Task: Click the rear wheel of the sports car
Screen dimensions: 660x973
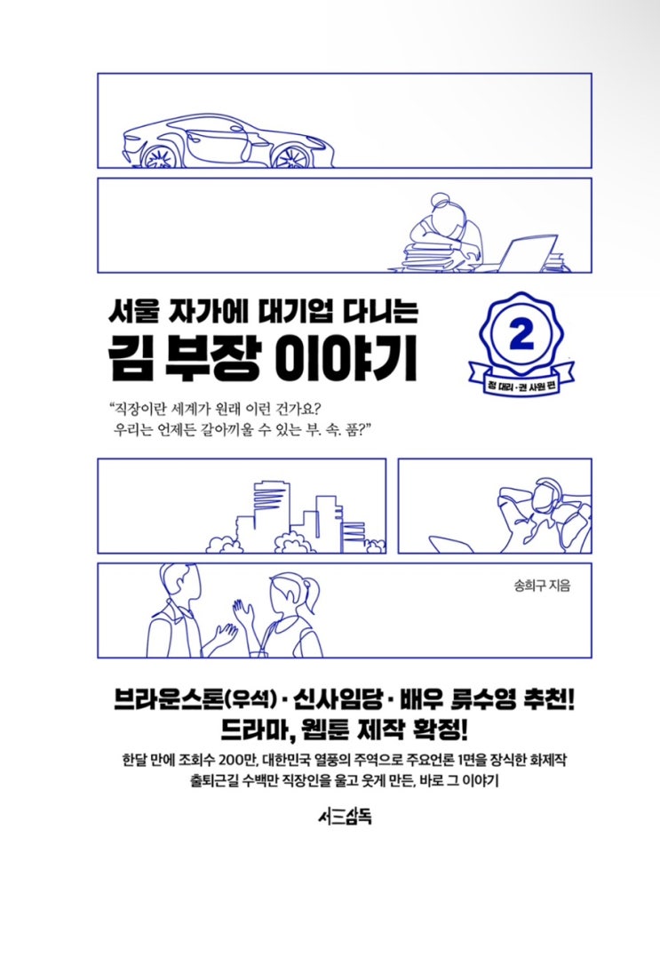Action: click(x=291, y=156)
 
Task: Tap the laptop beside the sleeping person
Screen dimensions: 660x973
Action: click(x=523, y=253)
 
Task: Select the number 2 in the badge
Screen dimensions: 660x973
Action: click(x=521, y=335)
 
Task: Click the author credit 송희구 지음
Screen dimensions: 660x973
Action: click(x=542, y=586)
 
